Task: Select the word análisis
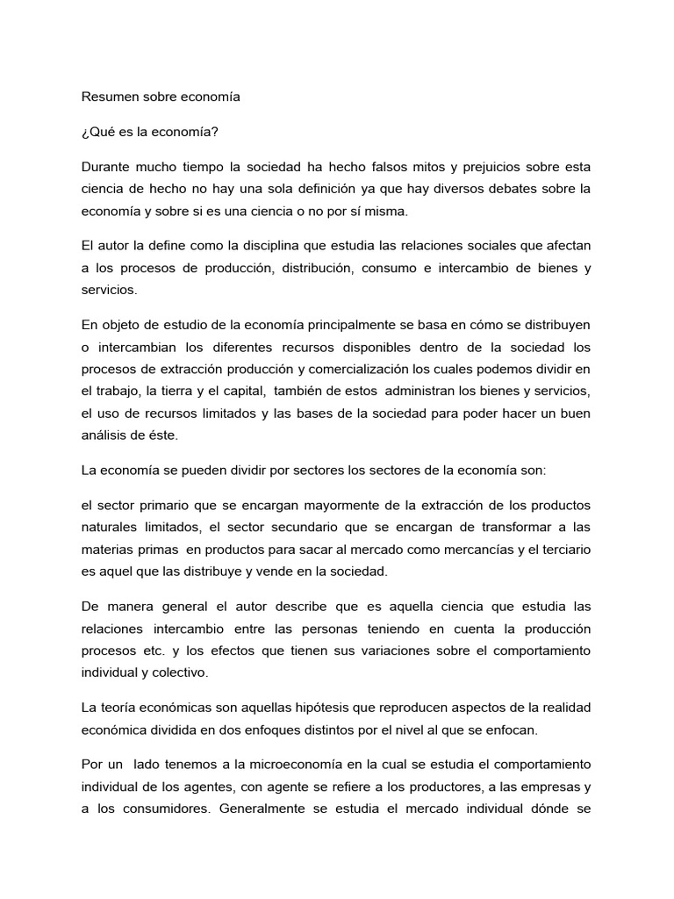[105, 435]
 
